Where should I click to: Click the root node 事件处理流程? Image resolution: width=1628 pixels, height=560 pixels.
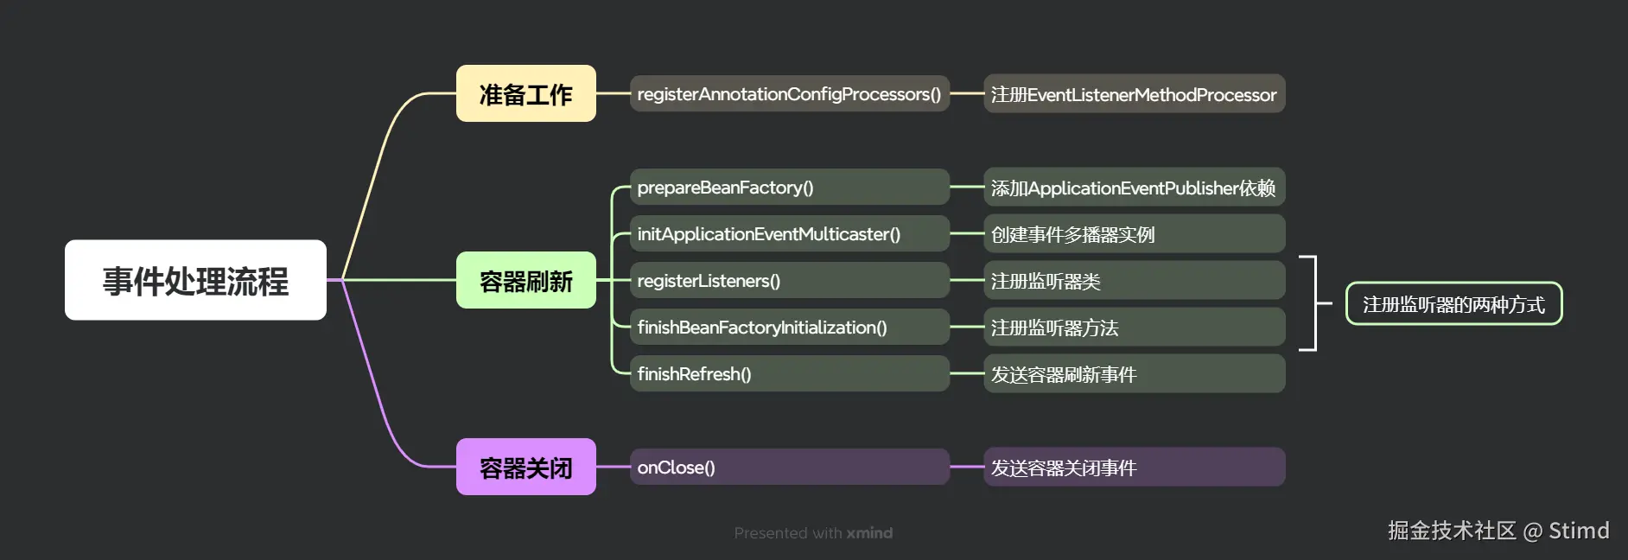click(195, 280)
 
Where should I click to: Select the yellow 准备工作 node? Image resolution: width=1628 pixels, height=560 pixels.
click(525, 93)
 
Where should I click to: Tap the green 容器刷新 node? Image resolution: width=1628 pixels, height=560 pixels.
click(525, 280)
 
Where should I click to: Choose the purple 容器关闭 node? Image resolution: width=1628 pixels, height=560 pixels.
click(525, 467)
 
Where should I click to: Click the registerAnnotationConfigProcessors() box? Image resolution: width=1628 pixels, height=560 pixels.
click(789, 93)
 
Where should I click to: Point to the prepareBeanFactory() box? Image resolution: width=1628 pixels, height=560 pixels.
click(789, 187)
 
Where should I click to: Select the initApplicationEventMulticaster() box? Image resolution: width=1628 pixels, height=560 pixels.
click(789, 233)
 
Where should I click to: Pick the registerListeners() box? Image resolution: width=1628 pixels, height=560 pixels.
click(789, 280)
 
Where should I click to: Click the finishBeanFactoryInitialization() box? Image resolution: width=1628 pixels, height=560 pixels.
click(789, 327)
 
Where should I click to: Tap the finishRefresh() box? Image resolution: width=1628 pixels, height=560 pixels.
click(789, 373)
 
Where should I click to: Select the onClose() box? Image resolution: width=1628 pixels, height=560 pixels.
click(789, 467)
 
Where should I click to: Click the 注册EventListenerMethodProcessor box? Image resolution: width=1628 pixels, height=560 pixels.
click(1134, 93)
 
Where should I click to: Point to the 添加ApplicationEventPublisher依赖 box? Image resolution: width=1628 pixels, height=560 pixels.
click(1134, 187)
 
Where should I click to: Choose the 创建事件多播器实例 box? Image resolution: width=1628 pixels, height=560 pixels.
click(1134, 233)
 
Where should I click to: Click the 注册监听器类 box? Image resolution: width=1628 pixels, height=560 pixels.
click(1134, 280)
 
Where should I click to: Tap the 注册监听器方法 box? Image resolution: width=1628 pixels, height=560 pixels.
click(1134, 327)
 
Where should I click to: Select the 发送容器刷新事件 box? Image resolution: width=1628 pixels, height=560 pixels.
click(1134, 373)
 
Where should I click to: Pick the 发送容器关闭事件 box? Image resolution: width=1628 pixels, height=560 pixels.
click(1134, 467)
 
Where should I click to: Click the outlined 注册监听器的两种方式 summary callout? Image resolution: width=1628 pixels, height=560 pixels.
click(1453, 304)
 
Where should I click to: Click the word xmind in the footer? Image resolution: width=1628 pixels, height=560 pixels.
click(869, 533)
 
